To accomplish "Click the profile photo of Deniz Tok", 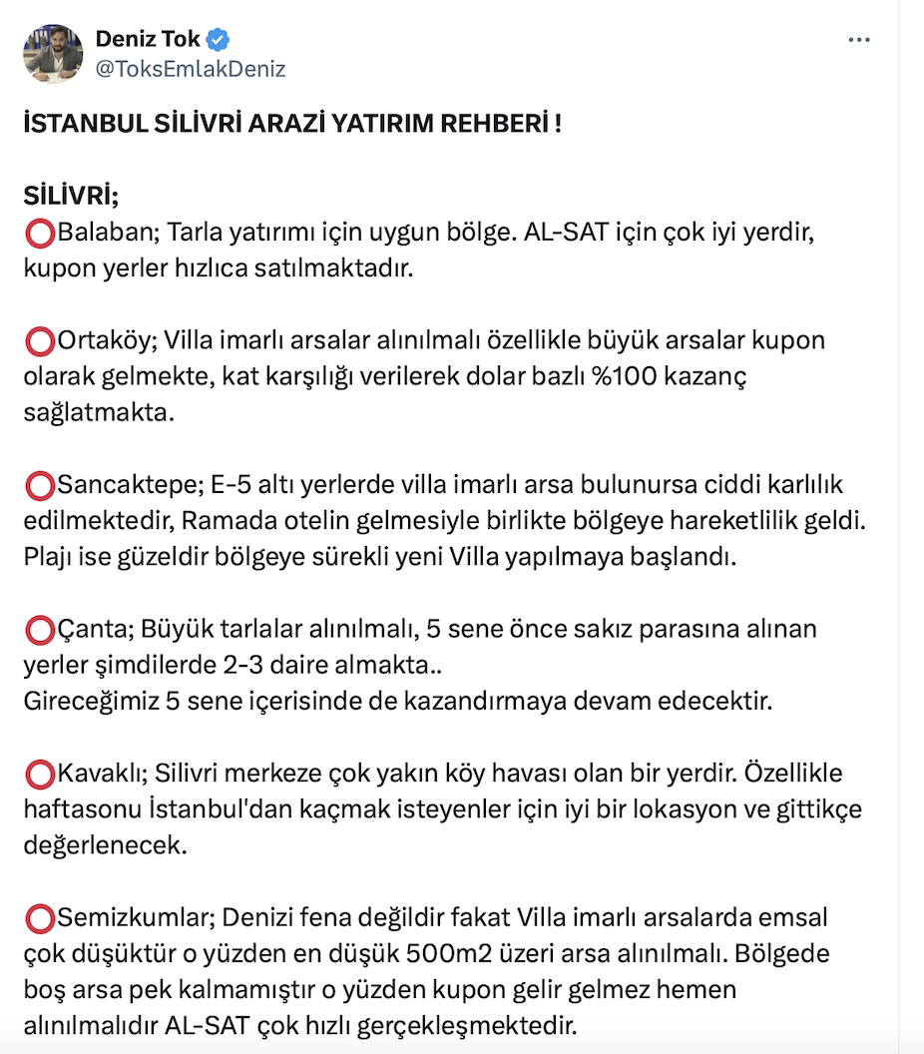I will point(52,54).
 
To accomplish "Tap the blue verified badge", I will point(219,40).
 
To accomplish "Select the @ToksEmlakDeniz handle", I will point(191,69).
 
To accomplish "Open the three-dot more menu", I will point(859,40).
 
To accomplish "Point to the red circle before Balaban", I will point(40,235).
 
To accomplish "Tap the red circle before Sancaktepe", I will point(40,486).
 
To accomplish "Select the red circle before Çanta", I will point(40,631).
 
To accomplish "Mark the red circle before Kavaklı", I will point(40,775).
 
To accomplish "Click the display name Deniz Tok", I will point(148,40).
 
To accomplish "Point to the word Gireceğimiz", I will point(91,701).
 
